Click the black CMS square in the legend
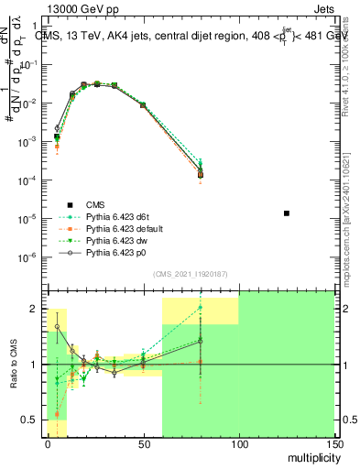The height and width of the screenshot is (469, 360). click(69, 204)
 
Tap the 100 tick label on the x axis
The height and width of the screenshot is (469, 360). click(238, 443)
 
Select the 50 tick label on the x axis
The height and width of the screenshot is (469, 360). click(143, 443)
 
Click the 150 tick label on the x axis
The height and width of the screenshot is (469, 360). click(333, 443)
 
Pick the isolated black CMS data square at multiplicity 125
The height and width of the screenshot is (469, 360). click(287, 213)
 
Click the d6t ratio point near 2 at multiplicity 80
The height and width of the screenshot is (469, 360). click(201, 307)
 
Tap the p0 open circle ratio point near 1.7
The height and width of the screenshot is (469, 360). click(58, 326)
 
